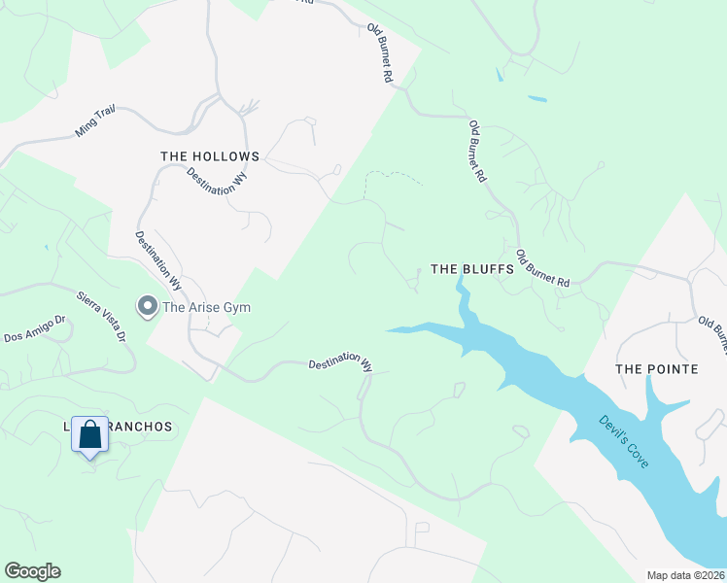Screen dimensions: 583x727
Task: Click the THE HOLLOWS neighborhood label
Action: click(210, 156)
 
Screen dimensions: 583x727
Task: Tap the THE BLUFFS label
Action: click(471, 269)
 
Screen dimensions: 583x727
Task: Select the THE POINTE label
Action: click(657, 369)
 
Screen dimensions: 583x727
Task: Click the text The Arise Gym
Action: click(206, 308)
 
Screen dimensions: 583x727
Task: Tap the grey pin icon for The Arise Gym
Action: click(148, 307)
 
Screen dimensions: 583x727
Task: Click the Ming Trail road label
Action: click(95, 121)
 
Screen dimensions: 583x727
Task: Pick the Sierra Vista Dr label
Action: click(101, 313)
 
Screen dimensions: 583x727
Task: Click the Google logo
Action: click(32, 571)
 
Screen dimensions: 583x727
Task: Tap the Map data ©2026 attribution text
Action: click(686, 575)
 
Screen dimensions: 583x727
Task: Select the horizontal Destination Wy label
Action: click(340, 364)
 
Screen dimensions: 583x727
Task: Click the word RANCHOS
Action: click(138, 427)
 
